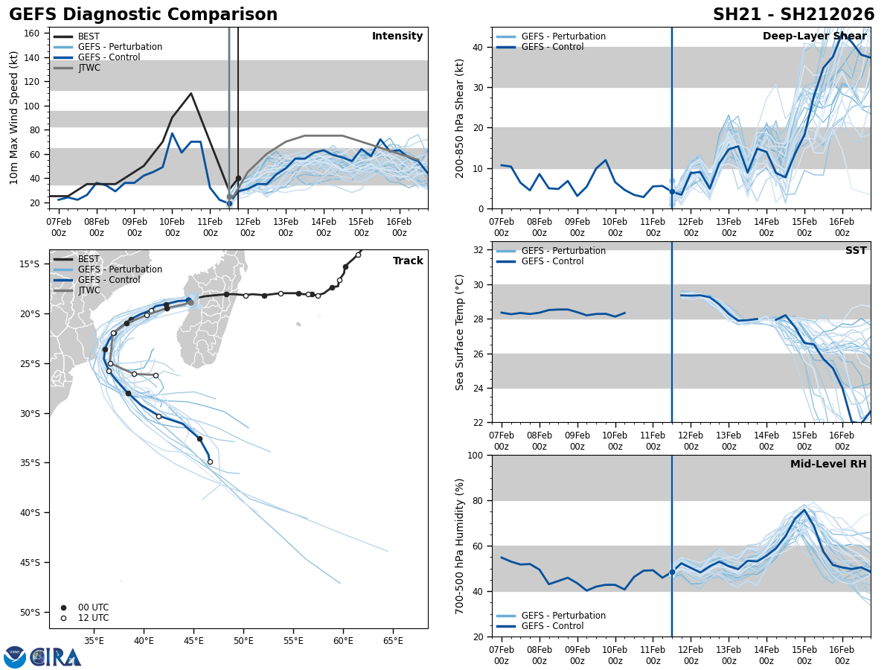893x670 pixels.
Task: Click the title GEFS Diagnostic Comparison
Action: click(x=143, y=15)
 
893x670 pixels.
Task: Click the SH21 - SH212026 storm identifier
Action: click(x=793, y=15)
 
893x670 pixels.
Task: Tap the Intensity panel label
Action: click(x=397, y=36)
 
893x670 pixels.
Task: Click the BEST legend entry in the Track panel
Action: click(x=89, y=259)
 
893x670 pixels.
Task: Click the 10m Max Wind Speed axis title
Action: click(x=14, y=118)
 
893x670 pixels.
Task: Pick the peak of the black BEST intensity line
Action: click(x=191, y=94)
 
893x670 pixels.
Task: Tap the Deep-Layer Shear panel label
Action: click(x=814, y=36)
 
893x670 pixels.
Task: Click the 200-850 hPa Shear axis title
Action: click(x=460, y=118)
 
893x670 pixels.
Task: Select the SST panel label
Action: click(x=855, y=251)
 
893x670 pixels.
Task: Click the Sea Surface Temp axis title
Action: click(x=460, y=332)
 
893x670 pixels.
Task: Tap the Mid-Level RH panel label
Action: click(x=828, y=465)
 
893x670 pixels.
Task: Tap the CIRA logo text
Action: click(x=56, y=657)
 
